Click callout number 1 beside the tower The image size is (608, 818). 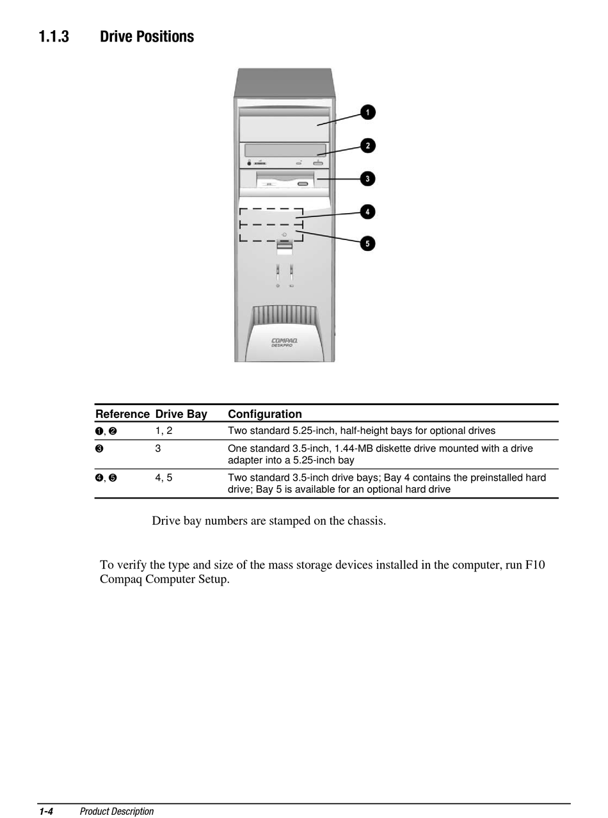[x=368, y=113]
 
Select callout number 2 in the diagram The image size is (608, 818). [x=367, y=146]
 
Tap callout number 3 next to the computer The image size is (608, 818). [x=367, y=179]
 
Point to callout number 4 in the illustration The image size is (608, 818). [x=367, y=211]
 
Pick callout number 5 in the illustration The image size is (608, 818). [x=367, y=243]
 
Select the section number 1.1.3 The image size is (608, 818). [x=53, y=36]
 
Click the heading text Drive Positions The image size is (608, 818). [x=147, y=36]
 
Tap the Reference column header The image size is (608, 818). [x=122, y=414]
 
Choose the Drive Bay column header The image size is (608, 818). [x=181, y=414]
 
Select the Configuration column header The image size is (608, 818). [x=264, y=414]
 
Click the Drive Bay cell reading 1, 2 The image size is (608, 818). [x=164, y=431]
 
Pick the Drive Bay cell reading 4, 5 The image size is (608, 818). [x=164, y=477]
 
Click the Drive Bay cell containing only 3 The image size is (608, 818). [x=158, y=449]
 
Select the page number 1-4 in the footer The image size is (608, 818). [x=45, y=812]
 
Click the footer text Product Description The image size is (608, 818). [x=116, y=812]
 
